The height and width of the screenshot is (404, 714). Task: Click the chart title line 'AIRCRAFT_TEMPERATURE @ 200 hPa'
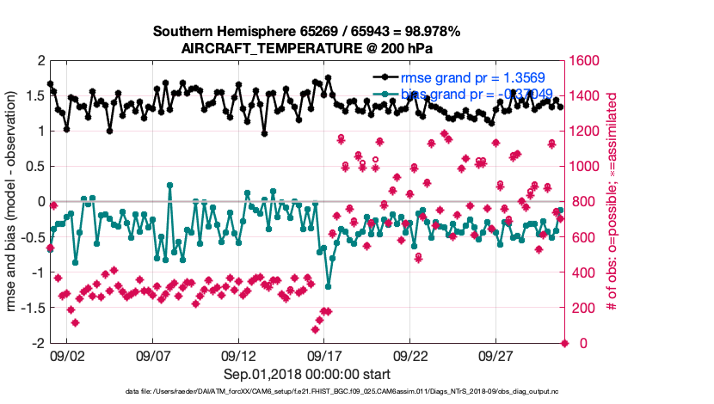[307, 49]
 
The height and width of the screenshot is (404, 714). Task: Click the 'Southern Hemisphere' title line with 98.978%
[307, 32]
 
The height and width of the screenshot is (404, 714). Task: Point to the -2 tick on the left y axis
[39, 343]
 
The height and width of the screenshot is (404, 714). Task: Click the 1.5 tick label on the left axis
[36, 95]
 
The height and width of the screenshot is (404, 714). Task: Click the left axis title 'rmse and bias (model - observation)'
[15, 202]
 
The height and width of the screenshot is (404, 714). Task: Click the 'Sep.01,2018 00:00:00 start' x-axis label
[307, 374]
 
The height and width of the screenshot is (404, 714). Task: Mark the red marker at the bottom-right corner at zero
[565, 343]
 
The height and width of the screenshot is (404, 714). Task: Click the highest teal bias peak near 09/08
[169, 185]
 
